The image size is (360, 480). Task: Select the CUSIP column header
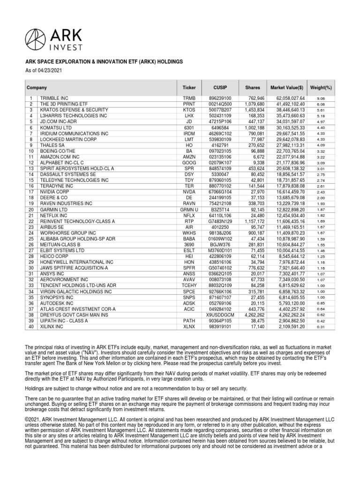point(220,88)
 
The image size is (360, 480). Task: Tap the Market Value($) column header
point(287,88)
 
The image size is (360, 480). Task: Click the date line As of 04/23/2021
point(40,70)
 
